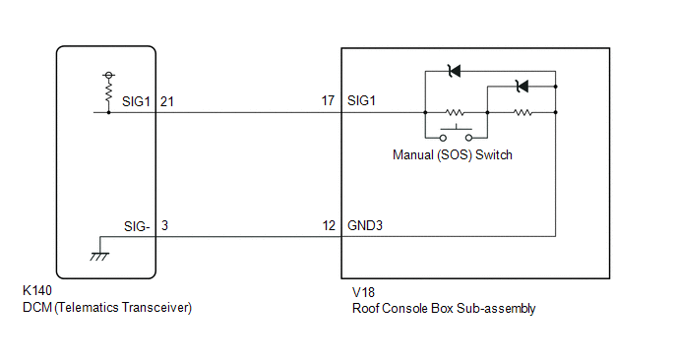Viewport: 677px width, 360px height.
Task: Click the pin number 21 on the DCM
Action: pos(167,101)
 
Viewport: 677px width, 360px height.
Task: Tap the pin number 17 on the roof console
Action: pos(328,100)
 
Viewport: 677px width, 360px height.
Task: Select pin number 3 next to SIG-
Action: pos(164,225)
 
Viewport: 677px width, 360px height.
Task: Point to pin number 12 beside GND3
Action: pos(329,225)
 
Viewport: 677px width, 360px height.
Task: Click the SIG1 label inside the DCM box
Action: pos(136,101)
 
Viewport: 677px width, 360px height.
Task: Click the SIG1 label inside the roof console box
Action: pos(361,100)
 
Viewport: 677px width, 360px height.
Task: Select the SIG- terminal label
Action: pos(137,226)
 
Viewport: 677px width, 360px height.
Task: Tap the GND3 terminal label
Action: pos(365,225)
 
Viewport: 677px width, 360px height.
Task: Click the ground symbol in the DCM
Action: pos(99,257)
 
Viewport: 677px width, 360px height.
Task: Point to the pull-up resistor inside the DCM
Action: pos(109,91)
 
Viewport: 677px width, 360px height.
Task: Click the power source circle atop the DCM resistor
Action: pos(109,76)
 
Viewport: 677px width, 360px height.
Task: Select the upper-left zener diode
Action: pos(455,71)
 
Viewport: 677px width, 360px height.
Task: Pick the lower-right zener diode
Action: pos(523,87)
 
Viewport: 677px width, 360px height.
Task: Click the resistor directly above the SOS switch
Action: pos(455,113)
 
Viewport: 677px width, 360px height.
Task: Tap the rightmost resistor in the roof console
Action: pos(523,113)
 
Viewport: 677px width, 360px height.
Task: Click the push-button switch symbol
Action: pos(456,133)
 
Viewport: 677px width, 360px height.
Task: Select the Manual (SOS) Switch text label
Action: pos(453,154)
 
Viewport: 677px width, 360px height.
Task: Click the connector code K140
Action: pos(37,290)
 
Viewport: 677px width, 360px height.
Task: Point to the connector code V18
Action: pos(363,293)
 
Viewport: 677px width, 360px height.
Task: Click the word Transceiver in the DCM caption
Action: pos(156,307)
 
